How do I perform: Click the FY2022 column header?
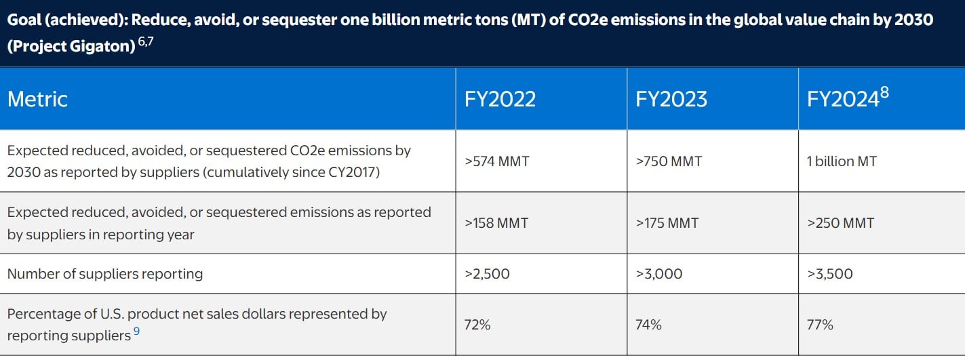500,99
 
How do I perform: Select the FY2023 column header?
671,99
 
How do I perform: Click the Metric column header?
37,99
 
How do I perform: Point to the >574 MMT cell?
496,161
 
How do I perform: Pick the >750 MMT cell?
669,161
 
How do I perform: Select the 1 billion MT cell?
842,161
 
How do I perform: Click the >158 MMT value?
496,223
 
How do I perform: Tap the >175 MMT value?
667,223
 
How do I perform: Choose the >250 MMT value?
840,223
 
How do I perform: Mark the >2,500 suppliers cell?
487,274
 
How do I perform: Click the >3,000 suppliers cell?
659,274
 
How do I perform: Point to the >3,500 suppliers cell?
830,274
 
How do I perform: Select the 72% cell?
477,325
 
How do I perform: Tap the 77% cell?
820,325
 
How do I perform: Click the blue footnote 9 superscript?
137,332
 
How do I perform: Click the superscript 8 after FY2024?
884,92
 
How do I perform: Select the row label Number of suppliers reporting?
105,274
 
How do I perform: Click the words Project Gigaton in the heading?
71,49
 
